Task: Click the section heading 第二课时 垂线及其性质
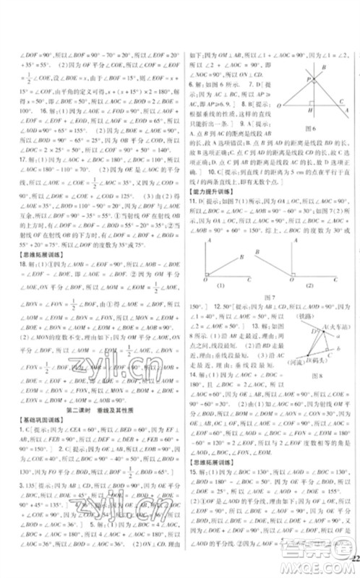click(92, 410)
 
